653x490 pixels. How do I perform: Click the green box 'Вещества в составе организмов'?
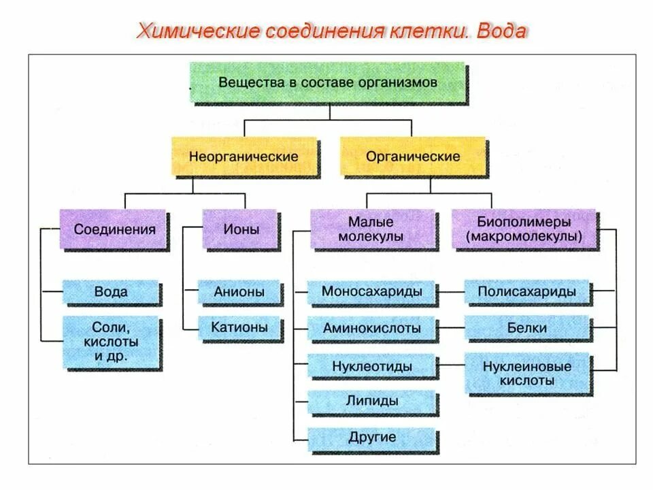328,82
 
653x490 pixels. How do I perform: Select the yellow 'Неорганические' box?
244,157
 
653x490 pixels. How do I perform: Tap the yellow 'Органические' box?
413,157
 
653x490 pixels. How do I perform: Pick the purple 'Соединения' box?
114,229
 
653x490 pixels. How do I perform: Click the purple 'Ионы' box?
241,229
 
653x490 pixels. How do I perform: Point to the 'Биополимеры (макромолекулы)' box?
524,229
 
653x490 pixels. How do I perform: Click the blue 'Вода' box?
111,292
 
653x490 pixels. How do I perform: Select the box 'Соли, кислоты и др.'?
111,341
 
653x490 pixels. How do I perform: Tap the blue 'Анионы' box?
239,292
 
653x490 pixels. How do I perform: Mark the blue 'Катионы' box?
239,327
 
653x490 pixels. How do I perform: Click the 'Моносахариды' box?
371,292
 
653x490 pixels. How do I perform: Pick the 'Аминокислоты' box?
371,329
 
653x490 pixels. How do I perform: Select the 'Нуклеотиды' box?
371,366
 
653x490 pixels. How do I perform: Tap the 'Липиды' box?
371,401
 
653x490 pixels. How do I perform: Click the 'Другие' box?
371,437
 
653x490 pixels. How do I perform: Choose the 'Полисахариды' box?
527,292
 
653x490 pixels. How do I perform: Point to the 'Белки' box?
527,329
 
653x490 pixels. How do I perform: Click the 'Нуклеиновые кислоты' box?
527,374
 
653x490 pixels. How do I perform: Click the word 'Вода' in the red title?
501,31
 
